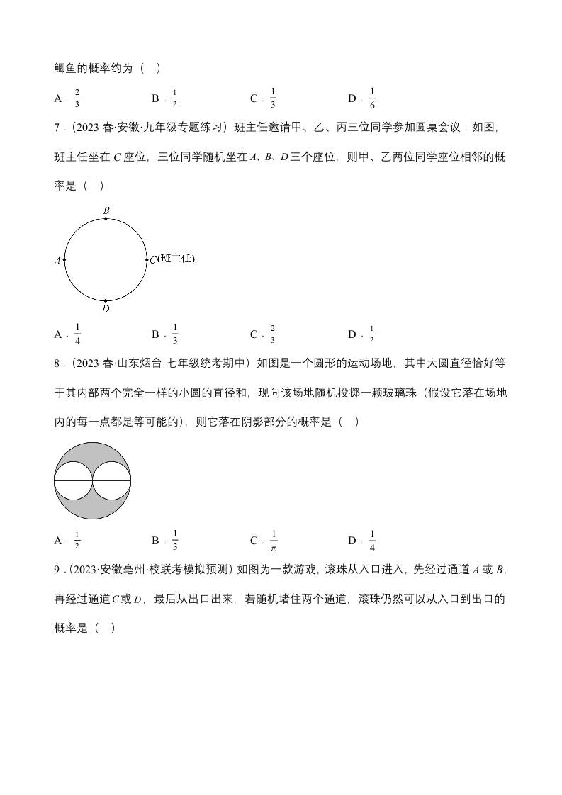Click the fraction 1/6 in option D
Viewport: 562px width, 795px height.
(x=372, y=98)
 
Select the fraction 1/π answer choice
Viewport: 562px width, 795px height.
(x=274, y=541)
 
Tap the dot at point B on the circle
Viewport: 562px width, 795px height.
(x=106, y=218)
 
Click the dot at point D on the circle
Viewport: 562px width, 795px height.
(x=106, y=300)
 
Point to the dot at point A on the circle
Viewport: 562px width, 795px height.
(x=64, y=260)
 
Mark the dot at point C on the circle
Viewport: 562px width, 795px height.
(x=146, y=260)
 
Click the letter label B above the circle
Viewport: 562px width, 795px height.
(x=106, y=210)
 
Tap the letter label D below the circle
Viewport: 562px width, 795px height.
(x=106, y=309)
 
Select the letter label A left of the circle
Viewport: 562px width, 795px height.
(x=57, y=261)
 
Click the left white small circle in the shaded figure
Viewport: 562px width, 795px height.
(x=74, y=480)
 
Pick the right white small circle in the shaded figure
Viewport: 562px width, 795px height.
(x=112, y=480)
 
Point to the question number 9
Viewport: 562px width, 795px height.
(x=57, y=569)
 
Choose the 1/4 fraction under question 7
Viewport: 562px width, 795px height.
(x=77, y=334)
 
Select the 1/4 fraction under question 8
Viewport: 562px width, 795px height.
(x=372, y=541)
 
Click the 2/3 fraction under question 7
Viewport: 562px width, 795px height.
(x=273, y=334)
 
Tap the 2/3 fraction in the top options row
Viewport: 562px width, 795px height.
(x=77, y=98)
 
